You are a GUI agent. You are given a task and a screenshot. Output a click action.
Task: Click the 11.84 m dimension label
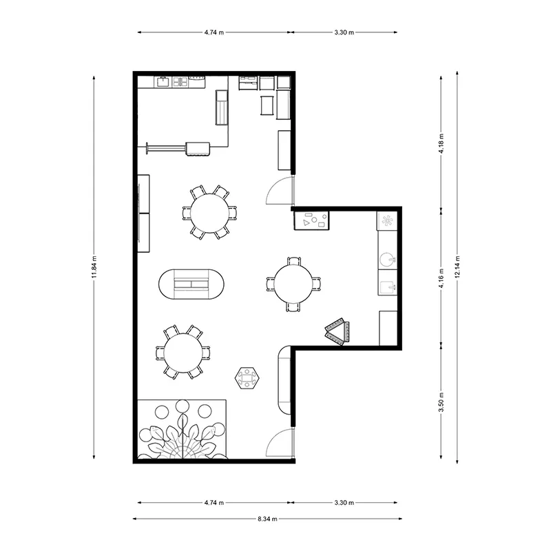94,267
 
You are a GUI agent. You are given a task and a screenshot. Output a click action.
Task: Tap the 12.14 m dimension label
457,267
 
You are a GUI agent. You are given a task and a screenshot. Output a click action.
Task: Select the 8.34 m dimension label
267,519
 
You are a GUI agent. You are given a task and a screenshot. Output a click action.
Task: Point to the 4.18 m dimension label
441,143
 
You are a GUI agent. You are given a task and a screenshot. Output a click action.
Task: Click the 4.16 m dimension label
441,278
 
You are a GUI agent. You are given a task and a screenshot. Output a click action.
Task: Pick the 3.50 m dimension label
441,402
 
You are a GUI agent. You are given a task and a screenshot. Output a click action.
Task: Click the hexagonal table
247,377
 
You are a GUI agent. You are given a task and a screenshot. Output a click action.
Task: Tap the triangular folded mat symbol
337,331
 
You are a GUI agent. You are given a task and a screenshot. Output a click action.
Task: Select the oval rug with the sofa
191,284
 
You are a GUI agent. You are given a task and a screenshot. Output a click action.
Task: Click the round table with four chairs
293,284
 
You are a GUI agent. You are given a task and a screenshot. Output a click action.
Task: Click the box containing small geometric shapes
311,220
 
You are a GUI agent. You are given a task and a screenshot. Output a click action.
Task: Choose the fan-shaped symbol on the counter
387,221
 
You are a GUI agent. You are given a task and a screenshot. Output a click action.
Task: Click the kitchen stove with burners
180,82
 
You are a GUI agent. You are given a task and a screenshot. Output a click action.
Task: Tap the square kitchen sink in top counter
163,82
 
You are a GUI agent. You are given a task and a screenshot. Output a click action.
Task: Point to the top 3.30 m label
344,32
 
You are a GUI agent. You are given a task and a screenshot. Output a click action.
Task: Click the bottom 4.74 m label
214,503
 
